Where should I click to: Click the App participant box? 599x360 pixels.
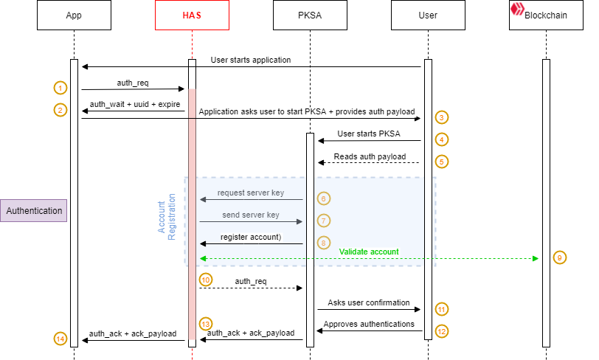(74, 15)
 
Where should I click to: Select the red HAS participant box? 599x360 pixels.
(192, 15)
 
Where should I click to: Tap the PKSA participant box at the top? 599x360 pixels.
(310, 15)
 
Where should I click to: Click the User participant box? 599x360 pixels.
(428, 15)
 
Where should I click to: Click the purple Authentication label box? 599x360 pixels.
(34, 210)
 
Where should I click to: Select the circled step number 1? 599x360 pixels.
(60, 88)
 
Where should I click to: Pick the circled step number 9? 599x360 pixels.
(560, 257)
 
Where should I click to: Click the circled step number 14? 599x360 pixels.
(60, 339)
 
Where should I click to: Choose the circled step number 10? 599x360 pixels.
(206, 280)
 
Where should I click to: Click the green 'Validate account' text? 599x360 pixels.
(369, 252)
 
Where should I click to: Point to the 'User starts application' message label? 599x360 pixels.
(251, 60)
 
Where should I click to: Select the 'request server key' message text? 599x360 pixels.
(250, 193)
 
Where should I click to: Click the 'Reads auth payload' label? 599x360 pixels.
(370, 156)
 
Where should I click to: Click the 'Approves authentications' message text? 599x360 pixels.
(369, 325)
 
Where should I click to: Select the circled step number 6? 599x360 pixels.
(324, 198)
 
